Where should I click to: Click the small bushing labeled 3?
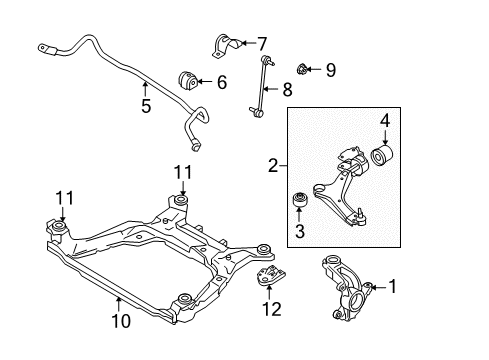click(298, 204)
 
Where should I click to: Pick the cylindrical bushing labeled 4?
click(385, 159)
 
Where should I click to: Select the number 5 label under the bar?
click(146, 106)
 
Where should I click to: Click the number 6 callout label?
click(222, 81)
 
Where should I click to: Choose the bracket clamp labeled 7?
click(228, 46)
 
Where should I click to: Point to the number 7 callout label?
click(262, 44)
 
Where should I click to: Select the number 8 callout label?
click(287, 89)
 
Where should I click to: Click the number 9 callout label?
click(331, 69)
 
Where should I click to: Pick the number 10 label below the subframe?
click(121, 321)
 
